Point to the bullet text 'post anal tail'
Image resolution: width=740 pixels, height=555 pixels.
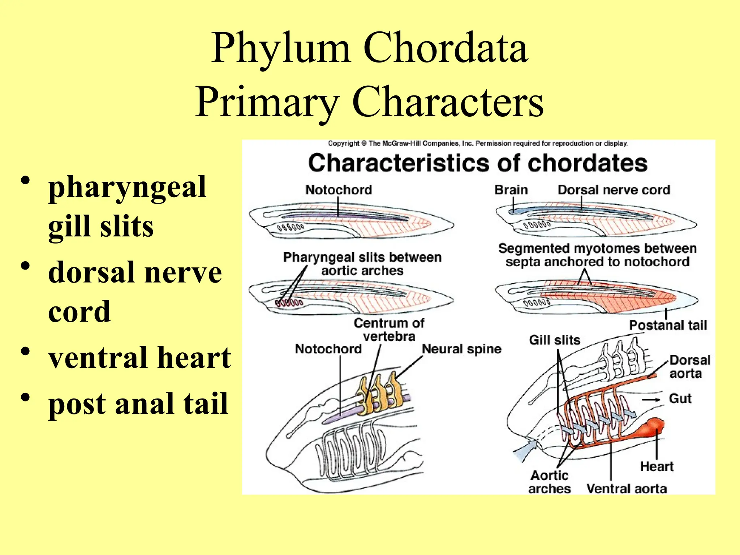pos(138,403)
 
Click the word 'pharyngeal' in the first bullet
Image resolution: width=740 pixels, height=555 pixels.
pos(127,187)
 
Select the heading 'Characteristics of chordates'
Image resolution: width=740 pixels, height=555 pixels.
pos(478,163)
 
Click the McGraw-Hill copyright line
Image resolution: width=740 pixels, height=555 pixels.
pos(478,143)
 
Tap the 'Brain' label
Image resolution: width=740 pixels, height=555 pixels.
pos(511,190)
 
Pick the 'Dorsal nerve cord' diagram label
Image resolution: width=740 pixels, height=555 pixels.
pos(614,190)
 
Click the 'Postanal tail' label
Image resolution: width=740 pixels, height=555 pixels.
pos(668,325)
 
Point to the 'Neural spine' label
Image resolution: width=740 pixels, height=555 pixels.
pos(461,349)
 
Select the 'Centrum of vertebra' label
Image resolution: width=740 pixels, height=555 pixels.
pos(389,330)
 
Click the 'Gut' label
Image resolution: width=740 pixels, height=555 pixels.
pos(680,399)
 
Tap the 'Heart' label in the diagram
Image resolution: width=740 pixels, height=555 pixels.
pos(657,466)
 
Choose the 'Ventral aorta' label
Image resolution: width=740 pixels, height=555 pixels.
pos(627,489)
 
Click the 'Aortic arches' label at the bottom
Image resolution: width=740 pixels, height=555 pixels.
pos(550,482)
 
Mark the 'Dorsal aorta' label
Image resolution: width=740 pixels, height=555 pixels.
pos(689,366)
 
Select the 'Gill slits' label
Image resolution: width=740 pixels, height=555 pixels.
pos(554,340)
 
